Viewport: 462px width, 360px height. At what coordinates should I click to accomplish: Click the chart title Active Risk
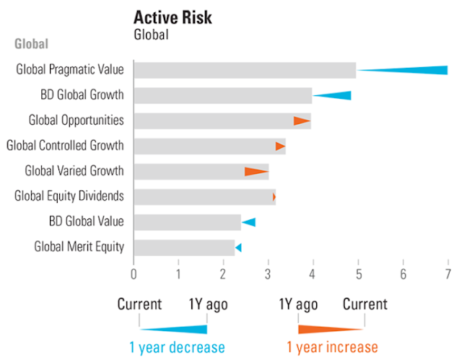173,18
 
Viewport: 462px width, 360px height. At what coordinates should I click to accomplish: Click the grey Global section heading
32,44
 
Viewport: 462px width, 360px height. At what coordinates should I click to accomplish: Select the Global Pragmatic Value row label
70,70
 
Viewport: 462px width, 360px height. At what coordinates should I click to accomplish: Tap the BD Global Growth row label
82,95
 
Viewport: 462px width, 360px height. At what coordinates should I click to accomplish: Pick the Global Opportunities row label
76,120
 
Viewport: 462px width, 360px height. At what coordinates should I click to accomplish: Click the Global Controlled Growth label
65,146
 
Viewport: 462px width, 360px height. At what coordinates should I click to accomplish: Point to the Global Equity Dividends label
69,196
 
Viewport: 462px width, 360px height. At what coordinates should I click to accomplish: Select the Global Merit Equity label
79,247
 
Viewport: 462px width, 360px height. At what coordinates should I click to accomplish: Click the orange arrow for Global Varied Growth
256,171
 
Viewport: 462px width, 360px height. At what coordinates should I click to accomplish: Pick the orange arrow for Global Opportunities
301,120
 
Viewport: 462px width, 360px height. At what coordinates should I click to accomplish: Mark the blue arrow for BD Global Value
248,221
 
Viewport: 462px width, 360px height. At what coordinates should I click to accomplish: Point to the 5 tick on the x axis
359,274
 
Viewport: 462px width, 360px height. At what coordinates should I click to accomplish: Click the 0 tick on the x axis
134,274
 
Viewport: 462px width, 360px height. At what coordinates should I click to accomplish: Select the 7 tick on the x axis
448,274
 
